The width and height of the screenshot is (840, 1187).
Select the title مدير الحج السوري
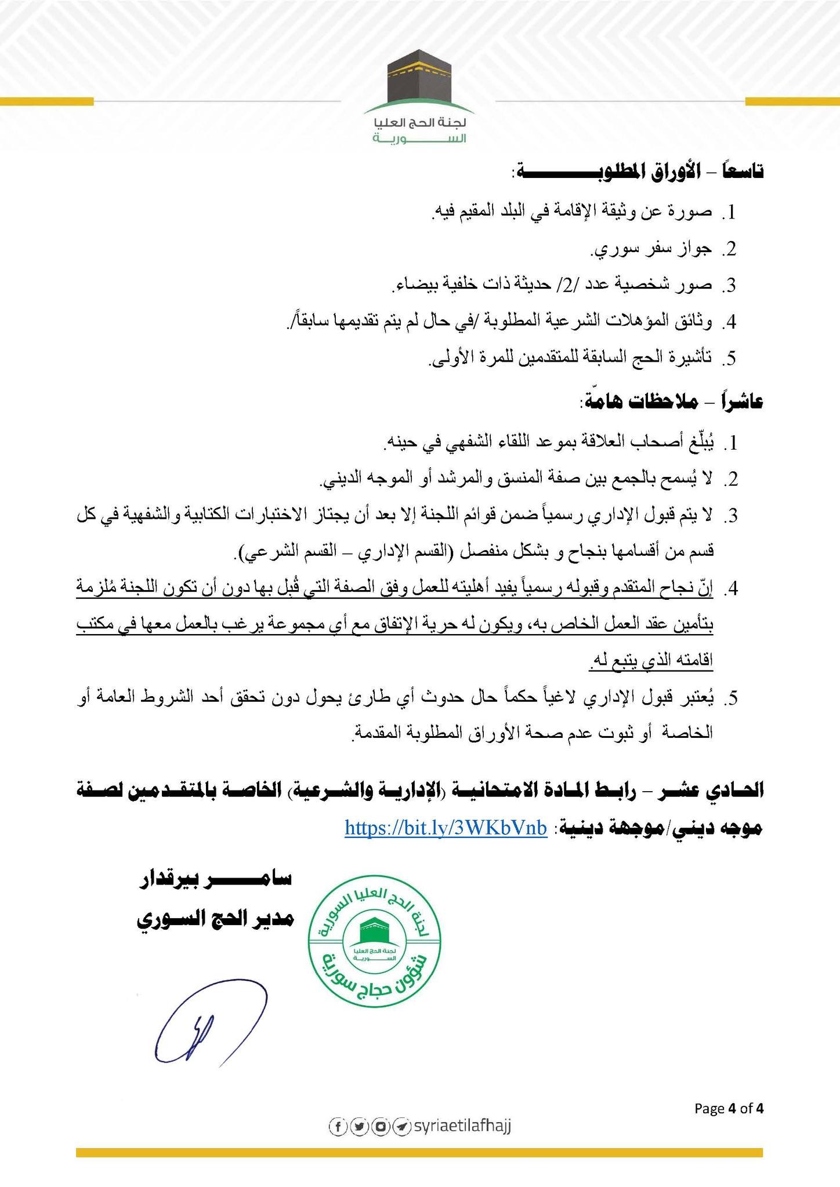coord(215,920)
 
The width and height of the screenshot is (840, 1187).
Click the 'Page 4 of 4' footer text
coord(729,1108)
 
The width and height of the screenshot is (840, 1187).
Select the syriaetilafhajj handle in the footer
coord(462,1126)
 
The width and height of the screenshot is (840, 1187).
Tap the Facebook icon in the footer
coord(337,1127)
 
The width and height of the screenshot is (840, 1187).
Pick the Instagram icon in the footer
coord(380,1127)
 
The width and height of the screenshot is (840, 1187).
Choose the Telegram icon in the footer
coord(401,1127)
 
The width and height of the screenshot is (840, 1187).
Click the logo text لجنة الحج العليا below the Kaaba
coord(421,124)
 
